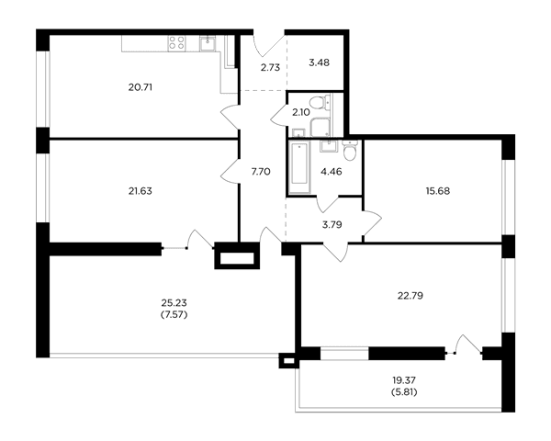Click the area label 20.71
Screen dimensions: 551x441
coord(141,87)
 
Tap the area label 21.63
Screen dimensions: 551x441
coord(141,191)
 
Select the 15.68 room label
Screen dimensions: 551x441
coord(438,191)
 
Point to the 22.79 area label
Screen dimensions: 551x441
coord(410,296)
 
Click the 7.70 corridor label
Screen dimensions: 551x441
coord(261,172)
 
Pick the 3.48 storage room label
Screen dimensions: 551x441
coord(319,63)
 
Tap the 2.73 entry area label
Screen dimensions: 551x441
coord(270,67)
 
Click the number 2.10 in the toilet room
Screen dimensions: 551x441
coord(301,112)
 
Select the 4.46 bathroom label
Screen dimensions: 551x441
coord(332,172)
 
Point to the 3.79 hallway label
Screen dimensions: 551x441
coord(332,224)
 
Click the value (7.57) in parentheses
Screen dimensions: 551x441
coord(174,314)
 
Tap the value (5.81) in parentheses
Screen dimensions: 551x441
coord(404,391)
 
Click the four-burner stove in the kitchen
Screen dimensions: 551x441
coord(176,43)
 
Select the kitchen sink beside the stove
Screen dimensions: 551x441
coord(208,43)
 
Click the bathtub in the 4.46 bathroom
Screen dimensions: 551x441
coord(299,166)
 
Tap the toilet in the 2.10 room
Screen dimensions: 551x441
coord(320,102)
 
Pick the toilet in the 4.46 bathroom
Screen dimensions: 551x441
coord(350,151)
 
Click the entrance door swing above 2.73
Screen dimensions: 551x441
coord(269,45)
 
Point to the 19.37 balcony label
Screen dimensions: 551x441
coord(404,380)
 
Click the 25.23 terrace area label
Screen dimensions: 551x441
coord(174,303)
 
